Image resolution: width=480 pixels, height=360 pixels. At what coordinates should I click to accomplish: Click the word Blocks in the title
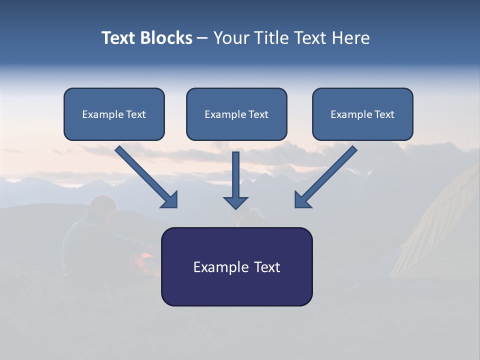(x=167, y=38)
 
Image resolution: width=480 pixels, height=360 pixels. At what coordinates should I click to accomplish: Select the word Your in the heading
(x=230, y=38)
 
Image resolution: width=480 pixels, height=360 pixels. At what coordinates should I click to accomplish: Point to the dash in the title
(x=202, y=38)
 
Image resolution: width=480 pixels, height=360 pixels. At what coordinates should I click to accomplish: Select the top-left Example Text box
(x=114, y=114)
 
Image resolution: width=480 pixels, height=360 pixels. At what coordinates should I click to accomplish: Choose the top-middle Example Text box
(x=236, y=114)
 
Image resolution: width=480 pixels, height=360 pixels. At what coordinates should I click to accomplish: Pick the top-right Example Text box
(x=362, y=114)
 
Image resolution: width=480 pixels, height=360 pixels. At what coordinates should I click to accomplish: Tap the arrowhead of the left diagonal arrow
(x=170, y=200)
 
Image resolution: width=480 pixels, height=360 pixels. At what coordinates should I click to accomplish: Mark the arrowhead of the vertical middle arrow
(x=236, y=202)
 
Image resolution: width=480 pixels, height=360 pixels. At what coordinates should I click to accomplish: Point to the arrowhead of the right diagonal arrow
(x=302, y=200)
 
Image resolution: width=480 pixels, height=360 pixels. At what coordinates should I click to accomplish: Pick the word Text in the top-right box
(x=384, y=114)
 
